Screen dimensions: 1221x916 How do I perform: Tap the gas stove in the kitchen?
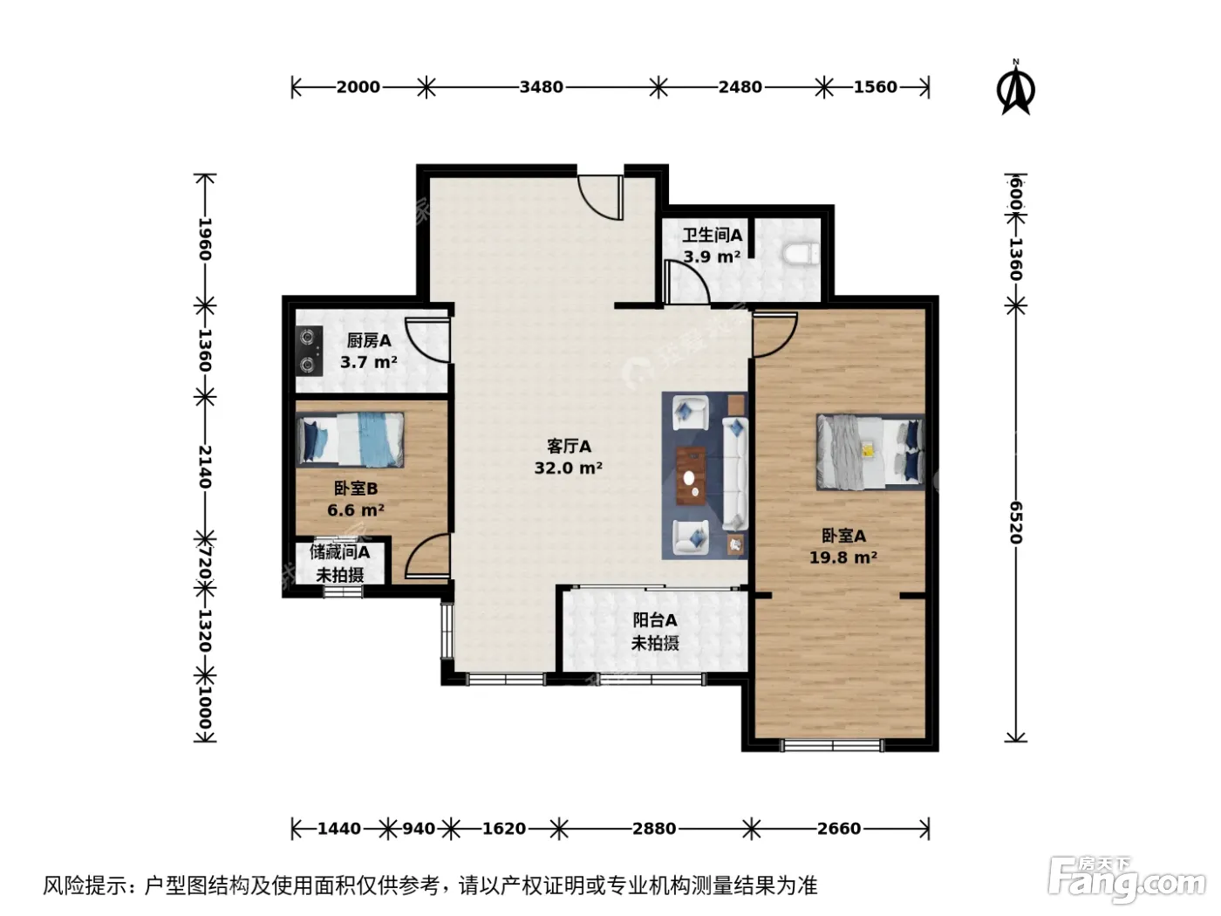pos(310,351)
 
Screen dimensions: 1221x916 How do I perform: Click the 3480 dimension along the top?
pos(541,87)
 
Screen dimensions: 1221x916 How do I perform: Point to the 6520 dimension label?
pos(1016,523)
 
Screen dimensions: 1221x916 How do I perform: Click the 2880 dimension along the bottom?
pos(654,829)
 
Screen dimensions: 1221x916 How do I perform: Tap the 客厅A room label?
pos(569,446)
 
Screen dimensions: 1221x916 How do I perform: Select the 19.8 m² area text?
pos(843,557)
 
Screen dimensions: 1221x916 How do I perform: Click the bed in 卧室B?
pos(351,440)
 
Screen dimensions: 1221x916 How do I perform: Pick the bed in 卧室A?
pos(870,452)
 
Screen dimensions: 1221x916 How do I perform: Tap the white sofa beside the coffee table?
pos(735,473)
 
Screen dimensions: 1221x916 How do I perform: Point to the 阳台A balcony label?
pos(655,619)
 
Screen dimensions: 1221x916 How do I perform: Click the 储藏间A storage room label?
pos(339,552)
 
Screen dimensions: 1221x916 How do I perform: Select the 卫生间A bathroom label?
pos(712,236)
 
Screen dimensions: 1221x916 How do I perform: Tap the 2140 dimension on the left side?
pos(205,467)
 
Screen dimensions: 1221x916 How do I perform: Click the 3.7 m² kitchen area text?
pos(368,363)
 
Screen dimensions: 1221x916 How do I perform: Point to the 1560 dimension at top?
pos(876,87)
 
